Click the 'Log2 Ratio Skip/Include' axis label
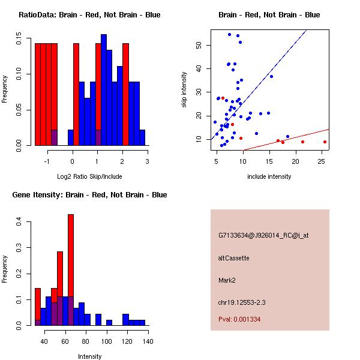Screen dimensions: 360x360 [x=89, y=177]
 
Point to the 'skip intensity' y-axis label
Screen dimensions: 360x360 [x=185, y=90]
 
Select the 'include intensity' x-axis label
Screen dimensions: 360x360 [x=269, y=177]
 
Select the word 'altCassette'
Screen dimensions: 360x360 [x=233, y=258]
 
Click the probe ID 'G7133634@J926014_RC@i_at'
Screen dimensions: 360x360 [x=263, y=236]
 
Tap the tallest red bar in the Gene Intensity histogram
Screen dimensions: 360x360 [x=71, y=270]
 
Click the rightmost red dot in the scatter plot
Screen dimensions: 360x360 [x=325, y=142]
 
